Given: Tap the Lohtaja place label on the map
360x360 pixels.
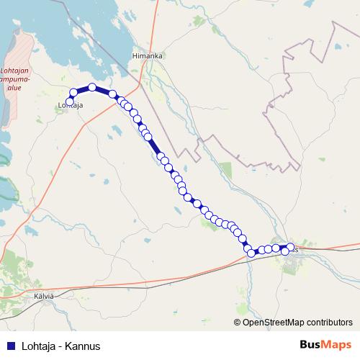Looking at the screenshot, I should click(71, 107).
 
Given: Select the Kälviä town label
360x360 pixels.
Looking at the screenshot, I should click(44, 296).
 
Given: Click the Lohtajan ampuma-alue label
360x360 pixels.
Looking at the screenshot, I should click(15, 78).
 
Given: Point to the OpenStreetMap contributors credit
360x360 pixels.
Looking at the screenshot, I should click(293, 323).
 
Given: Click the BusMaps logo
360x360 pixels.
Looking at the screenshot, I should click(325, 345).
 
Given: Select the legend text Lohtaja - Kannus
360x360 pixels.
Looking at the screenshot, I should click(60, 346).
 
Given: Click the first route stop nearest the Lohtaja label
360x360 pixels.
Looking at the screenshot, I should click(69, 102).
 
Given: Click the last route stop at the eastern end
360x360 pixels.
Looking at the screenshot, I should click(285, 251).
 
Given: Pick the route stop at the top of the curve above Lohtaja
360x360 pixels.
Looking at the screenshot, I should click(92, 87).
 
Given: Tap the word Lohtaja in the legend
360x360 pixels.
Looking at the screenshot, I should click(40, 346).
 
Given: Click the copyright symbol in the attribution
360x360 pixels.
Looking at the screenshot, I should click(237, 323).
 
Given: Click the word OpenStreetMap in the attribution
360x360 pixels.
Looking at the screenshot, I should click(269, 323).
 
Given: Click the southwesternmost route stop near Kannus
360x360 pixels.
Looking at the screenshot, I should click(251, 253).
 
